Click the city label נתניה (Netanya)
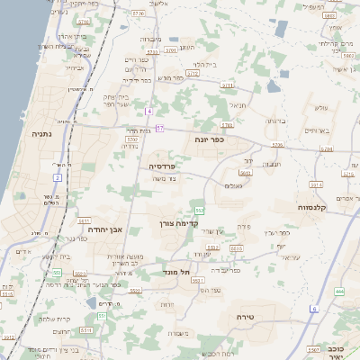tap(41, 133)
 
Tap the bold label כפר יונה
tap(206, 139)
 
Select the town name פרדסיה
tap(166, 166)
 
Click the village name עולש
tap(320, 109)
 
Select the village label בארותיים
tap(319, 131)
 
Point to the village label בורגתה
tap(274, 120)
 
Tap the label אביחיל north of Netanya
tap(74, 67)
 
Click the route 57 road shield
tap(159, 129)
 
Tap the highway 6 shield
tap(314, 309)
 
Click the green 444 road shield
tap(339, 292)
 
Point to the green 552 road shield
tap(198, 210)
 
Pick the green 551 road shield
tap(103, 316)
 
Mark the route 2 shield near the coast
tap(57, 177)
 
